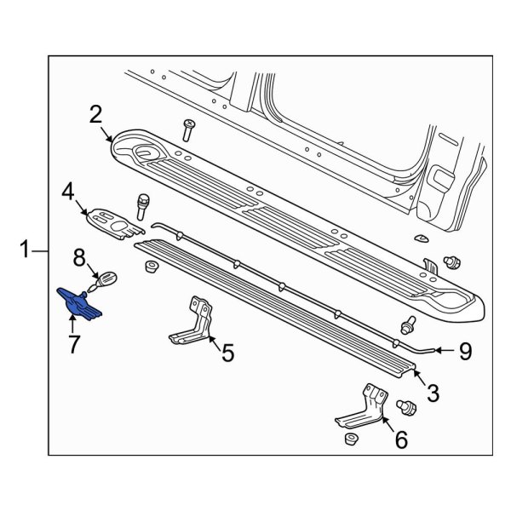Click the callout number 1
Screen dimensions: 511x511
26,250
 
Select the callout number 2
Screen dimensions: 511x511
96,114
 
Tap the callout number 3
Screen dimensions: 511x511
433,393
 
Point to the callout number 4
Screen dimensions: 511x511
68,194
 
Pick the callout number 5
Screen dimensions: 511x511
227,352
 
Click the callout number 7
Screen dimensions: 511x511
73,345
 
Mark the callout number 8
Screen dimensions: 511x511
78,255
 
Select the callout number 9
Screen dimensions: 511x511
465,350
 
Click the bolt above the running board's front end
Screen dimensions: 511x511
187,129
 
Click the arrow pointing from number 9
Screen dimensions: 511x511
439,350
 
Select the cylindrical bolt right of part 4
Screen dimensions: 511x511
143,205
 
